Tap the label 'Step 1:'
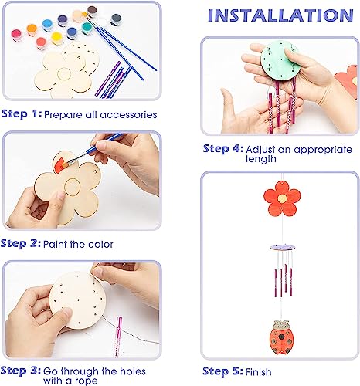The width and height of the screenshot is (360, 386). pyautogui.click(x=22, y=114)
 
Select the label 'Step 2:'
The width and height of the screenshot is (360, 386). pyautogui.click(x=22, y=244)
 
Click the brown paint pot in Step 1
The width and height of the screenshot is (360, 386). pyautogui.click(x=92, y=11)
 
